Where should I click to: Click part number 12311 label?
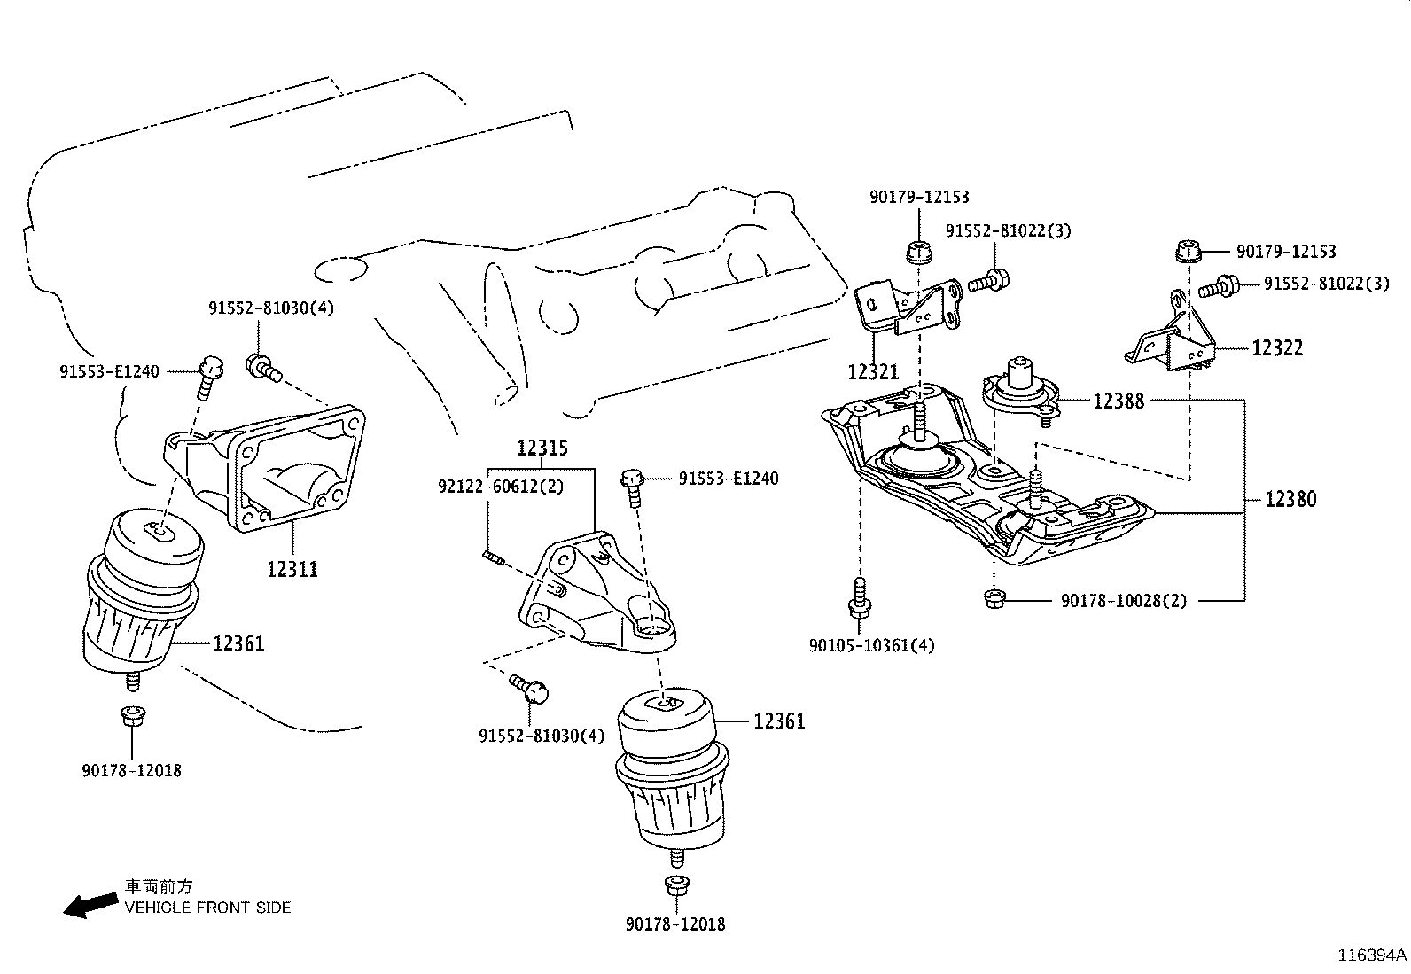tap(292, 569)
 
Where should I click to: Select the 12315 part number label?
tap(542, 448)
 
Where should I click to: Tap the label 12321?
tap(873, 372)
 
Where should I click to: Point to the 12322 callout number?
tap(1277, 348)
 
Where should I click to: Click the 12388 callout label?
tap(1119, 401)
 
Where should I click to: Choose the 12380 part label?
tap(1290, 499)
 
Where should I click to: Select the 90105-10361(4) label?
tap(871, 645)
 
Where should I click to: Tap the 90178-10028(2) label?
tap(1123, 601)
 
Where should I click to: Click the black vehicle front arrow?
tap(91, 904)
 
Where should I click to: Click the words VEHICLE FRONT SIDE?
tap(207, 908)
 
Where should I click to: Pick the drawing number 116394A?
tap(1372, 955)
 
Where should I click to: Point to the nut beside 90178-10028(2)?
tap(994, 600)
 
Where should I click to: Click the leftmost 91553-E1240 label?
tap(109, 372)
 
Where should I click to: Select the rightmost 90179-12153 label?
tap(1285, 253)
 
